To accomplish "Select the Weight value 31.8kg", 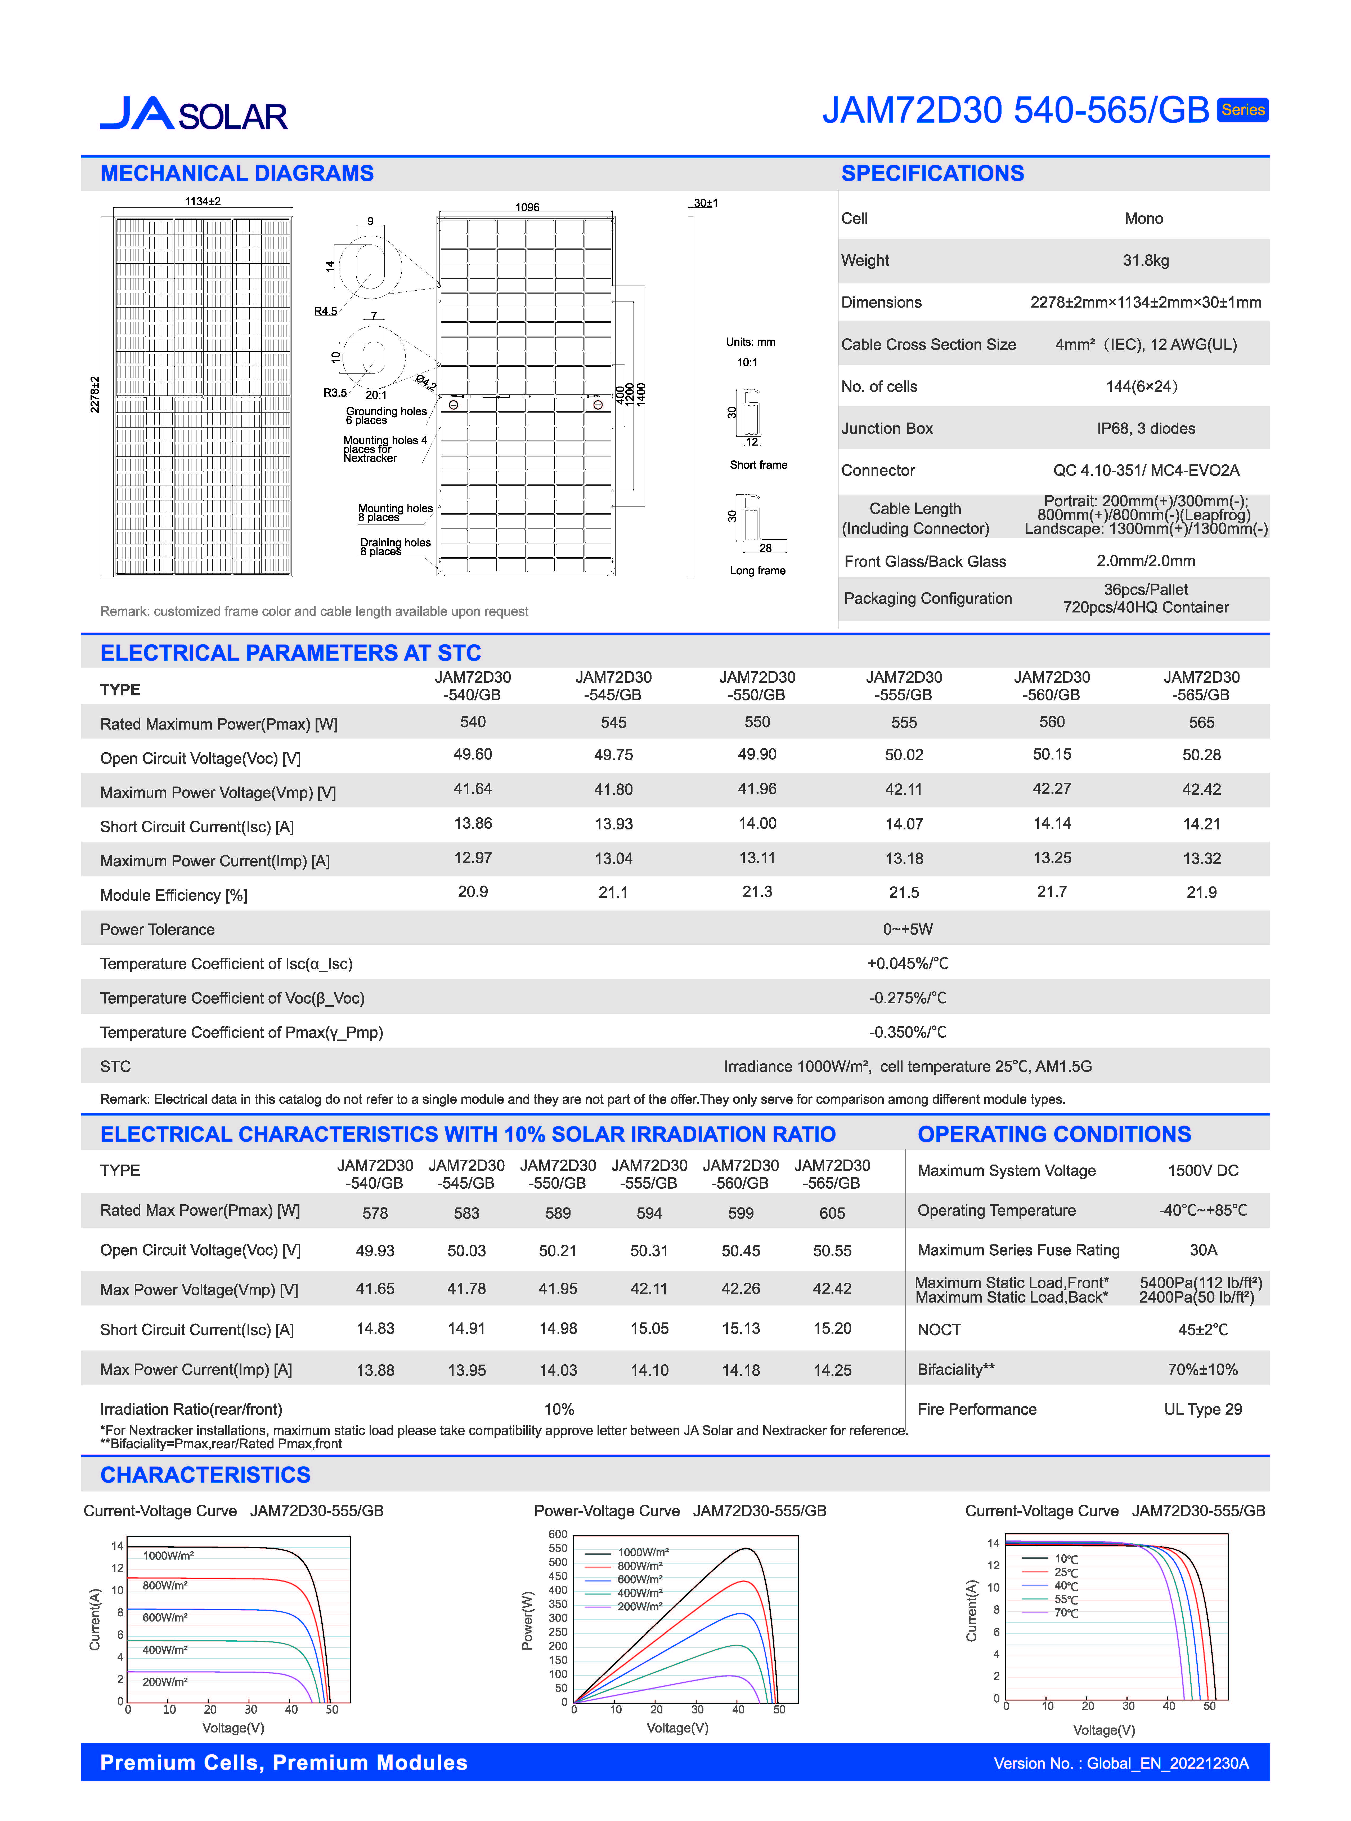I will click(x=1145, y=260).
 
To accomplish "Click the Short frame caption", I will click(x=758, y=465).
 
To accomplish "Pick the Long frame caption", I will click(x=757, y=570).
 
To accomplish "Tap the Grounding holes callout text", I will click(x=386, y=411).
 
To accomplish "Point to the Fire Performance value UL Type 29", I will click(x=1202, y=1409).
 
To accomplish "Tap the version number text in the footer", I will click(x=1120, y=1763).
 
